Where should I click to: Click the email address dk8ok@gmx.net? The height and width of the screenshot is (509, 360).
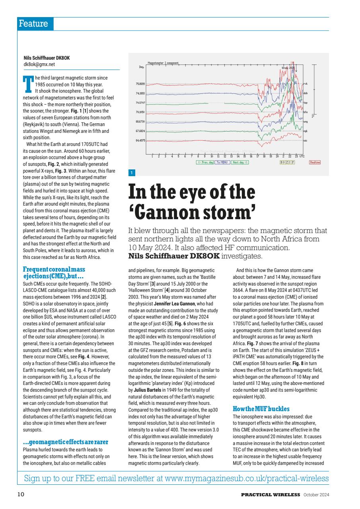pos(39,64)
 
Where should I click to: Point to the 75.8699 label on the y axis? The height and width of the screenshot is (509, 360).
pos(140,84)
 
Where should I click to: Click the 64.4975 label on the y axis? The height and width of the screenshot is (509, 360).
pos(140,140)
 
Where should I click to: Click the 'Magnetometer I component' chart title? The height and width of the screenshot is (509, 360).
pos(163,63)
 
